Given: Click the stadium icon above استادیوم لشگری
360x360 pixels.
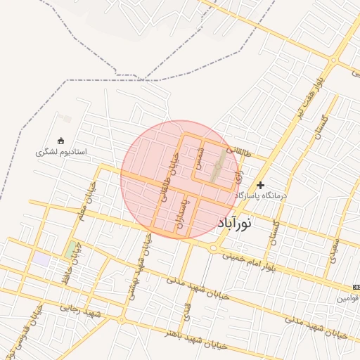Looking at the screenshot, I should point(60,140).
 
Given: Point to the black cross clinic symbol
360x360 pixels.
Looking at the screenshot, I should point(261,184).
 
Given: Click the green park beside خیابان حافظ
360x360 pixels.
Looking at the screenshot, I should point(71,249).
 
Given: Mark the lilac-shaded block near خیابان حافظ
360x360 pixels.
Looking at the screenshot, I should point(42,259).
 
